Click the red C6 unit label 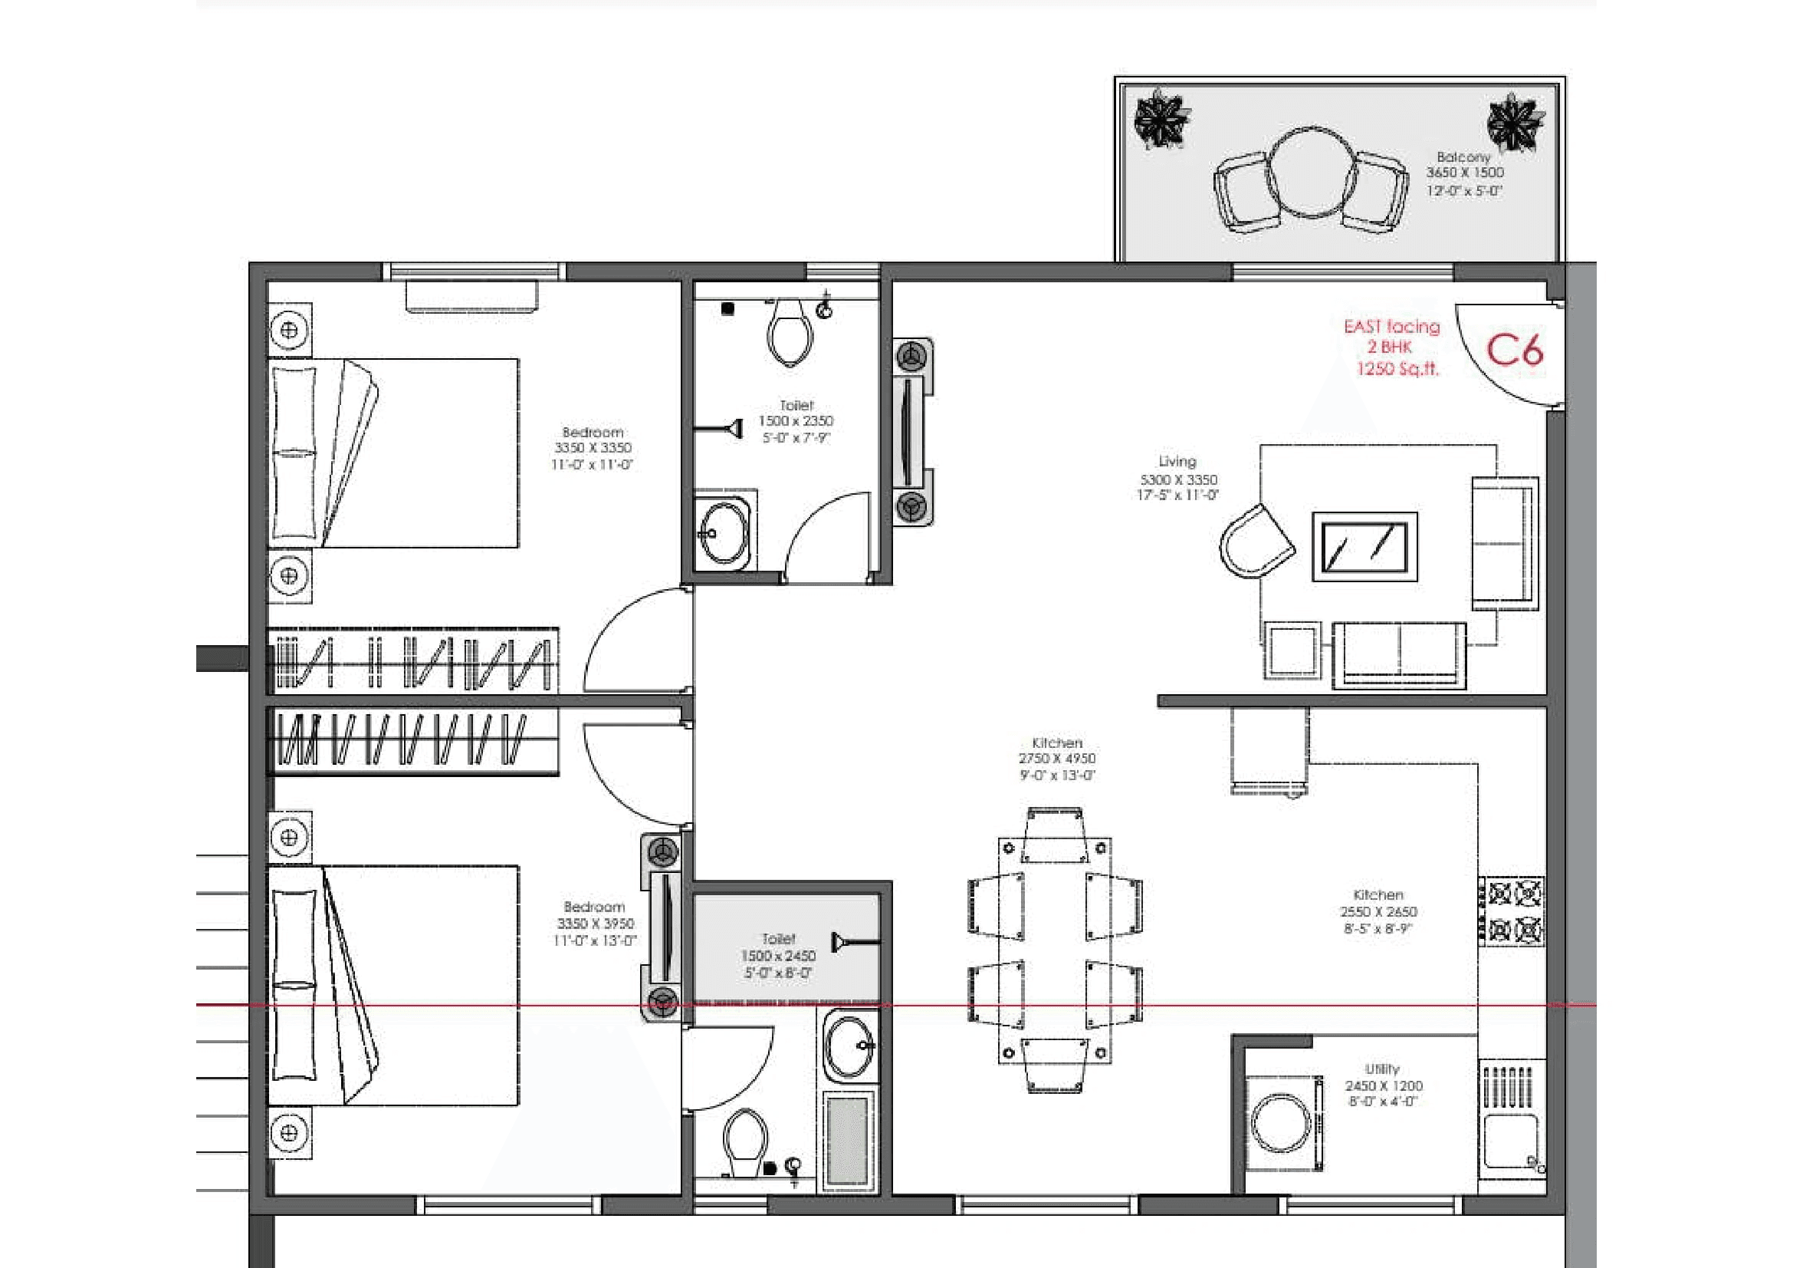coord(1513,351)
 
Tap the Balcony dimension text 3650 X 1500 coord(1465,173)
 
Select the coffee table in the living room coord(1364,547)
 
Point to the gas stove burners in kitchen coord(1513,911)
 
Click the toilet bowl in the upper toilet coord(790,333)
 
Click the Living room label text coord(1177,462)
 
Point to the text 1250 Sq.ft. coord(1397,370)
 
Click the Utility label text coord(1382,1069)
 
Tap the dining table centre coord(1054,949)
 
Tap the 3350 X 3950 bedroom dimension coord(595,924)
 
